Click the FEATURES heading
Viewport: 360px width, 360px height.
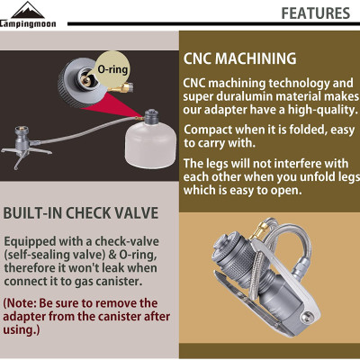tap(316, 13)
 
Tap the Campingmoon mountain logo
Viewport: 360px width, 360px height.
tap(28, 14)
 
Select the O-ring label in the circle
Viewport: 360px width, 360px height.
tap(112, 69)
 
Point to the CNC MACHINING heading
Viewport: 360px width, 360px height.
tap(239, 58)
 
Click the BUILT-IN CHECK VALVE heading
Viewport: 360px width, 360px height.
tap(80, 213)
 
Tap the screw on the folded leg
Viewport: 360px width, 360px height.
tap(306, 315)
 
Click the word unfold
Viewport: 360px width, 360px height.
tap(317, 177)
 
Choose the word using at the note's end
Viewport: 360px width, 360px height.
tap(20, 329)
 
